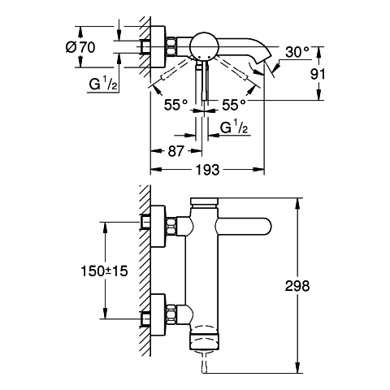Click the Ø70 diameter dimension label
pos(80,47)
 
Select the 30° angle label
pos(297,52)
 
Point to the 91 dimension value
pos(318,74)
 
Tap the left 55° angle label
pos(175,105)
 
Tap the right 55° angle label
pos(234,105)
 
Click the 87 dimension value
pos(176,151)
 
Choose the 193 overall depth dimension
pos(207,170)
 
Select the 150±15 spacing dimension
pos(104,271)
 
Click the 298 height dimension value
pos(297,286)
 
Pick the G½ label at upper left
pos(103,84)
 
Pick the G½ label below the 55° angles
pos(234,128)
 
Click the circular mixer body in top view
pos(204,46)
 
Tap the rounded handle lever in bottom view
pos(244,226)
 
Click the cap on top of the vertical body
pos(204,201)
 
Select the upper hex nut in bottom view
pos(171,227)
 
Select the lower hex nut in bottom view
pos(171,314)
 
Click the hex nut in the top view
pos(171,46)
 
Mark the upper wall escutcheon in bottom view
pos(158,227)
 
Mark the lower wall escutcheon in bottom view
pos(158,314)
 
